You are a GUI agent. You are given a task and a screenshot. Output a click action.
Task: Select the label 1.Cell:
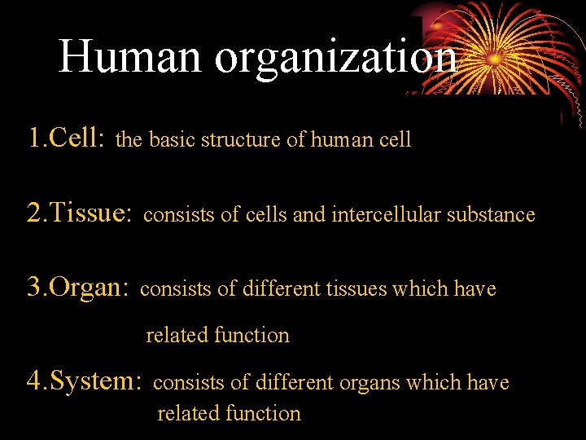65,139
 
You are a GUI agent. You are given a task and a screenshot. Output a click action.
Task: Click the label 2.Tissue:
79,213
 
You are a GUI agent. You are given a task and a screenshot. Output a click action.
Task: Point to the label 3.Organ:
78,288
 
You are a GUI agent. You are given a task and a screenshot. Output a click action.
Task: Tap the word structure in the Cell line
241,139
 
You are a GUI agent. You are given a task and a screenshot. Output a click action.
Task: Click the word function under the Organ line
251,335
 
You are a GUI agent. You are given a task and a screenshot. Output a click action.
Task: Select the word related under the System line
186,413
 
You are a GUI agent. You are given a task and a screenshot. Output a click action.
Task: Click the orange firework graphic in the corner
496,49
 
